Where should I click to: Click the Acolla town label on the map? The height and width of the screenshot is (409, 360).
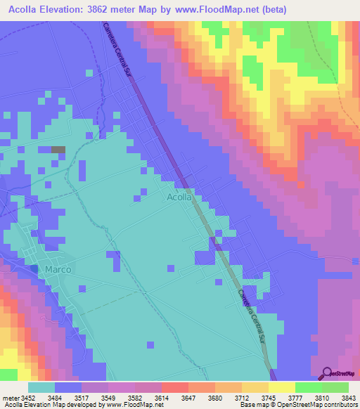tap(180, 197)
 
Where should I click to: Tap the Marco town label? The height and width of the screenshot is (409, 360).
tap(58, 269)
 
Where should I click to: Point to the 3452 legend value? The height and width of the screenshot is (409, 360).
tap(29, 397)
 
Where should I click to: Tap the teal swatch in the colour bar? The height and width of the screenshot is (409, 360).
tap(41, 387)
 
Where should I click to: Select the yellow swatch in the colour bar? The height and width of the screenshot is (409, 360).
tap(281, 387)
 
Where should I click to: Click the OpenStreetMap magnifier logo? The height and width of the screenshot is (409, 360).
tap(328, 373)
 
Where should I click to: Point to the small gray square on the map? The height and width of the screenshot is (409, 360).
tap(58, 150)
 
